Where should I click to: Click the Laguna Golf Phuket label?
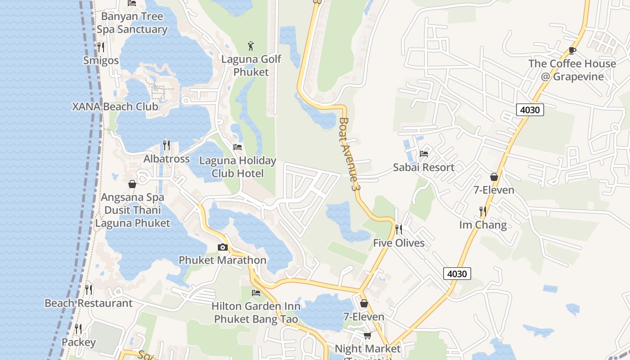(251, 66)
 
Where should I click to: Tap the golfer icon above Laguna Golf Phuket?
(251, 45)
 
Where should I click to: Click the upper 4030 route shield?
(530, 110)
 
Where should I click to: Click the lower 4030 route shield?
(457, 273)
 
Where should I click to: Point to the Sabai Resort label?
(423, 167)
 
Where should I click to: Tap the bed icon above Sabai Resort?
(424, 154)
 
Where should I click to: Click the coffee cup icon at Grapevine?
(572, 50)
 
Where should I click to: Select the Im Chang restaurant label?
(483, 225)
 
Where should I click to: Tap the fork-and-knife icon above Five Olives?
(398, 229)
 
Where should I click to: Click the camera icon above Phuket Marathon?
(222, 247)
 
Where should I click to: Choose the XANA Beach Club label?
(115, 107)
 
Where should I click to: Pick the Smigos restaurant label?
(101, 61)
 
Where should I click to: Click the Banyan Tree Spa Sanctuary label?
(132, 23)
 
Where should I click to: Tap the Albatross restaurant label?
(166, 159)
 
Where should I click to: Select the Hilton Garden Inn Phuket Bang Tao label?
(256, 313)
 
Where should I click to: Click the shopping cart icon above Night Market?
(368, 335)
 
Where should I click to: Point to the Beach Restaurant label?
(89, 303)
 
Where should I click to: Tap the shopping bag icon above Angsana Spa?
(132, 184)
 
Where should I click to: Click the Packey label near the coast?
(79, 342)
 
